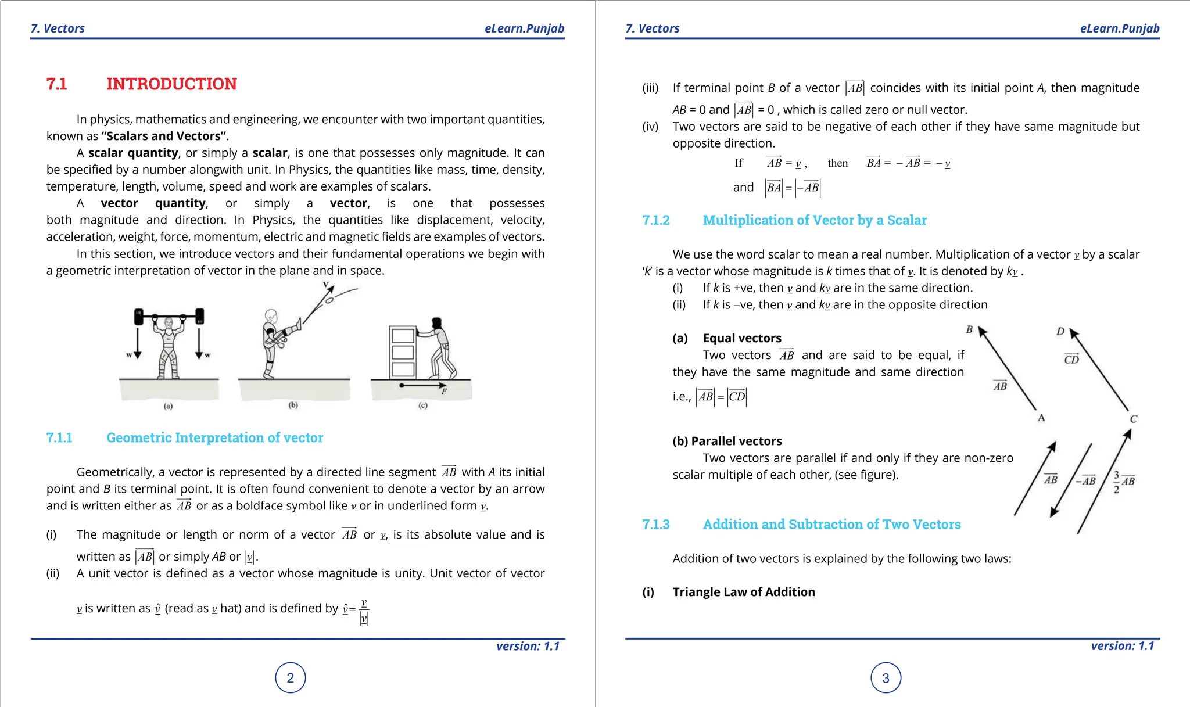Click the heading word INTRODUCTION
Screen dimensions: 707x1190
click(x=171, y=84)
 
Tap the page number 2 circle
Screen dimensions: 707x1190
click(x=291, y=678)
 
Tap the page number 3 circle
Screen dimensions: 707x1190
click(x=886, y=678)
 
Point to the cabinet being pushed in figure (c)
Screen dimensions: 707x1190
click(x=403, y=352)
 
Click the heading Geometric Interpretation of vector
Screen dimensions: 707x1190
click(x=214, y=438)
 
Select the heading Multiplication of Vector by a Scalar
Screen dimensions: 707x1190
click(x=815, y=221)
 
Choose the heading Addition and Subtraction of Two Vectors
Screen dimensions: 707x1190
click(x=831, y=525)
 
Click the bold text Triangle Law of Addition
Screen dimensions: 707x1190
click(x=744, y=592)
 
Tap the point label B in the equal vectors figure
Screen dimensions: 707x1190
click(x=969, y=330)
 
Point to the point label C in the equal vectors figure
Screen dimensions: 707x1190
click(x=1133, y=419)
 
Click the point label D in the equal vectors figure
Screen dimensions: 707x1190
click(x=1060, y=332)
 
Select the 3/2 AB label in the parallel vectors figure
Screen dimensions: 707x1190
click(x=1124, y=482)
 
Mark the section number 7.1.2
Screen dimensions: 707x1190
click(x=656, y=221)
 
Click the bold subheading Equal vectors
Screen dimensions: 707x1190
click(x=742, y=338)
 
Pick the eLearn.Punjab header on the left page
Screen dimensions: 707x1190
click(x=524, y=28)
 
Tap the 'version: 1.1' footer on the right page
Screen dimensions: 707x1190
click(x=1123, y=646)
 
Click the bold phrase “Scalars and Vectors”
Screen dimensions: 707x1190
click(x=163, y=137)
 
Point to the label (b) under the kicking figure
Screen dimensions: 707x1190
click(x=293, y=405)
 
